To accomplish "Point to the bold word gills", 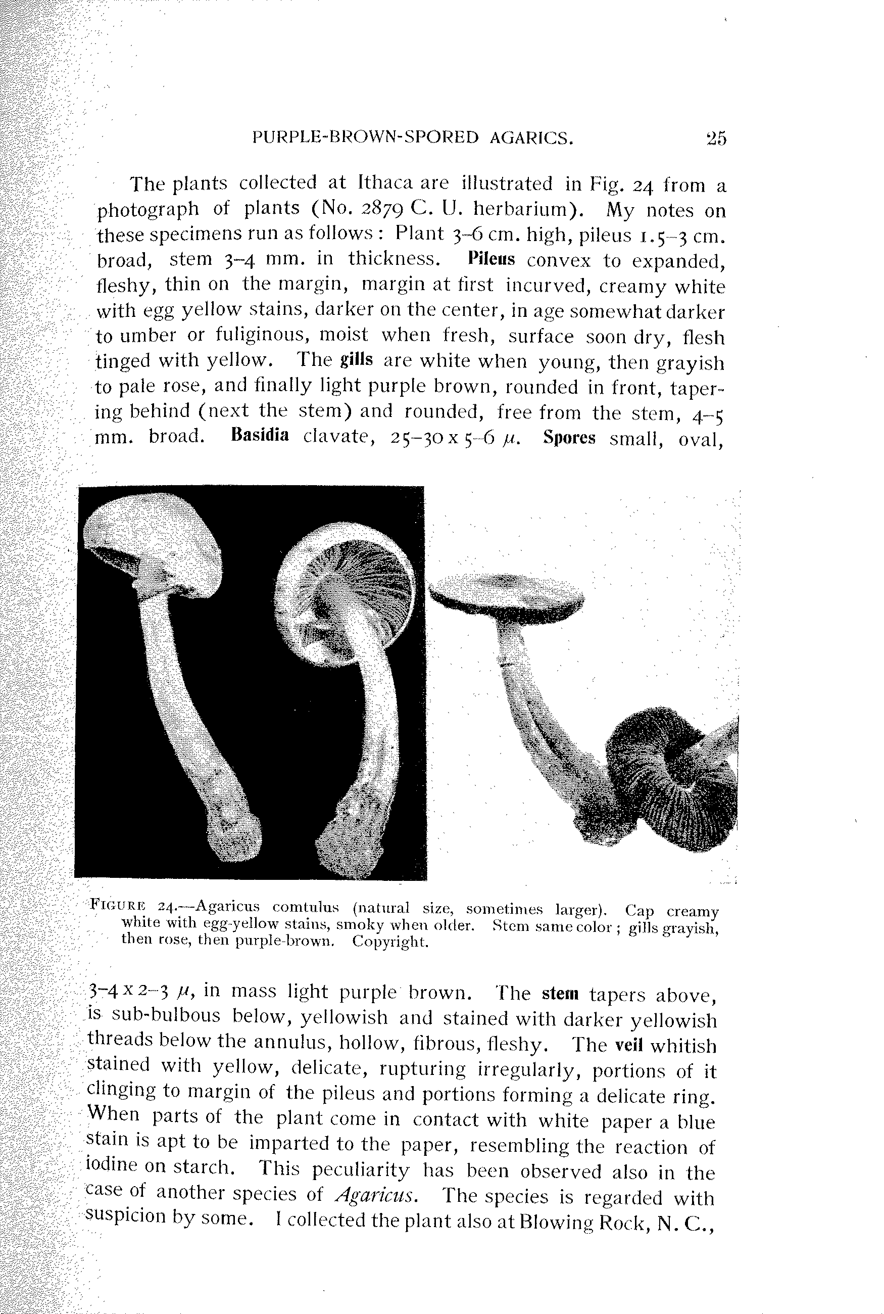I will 356,360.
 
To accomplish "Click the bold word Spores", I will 569,438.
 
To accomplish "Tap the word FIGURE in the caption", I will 118,907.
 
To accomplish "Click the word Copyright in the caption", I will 390,942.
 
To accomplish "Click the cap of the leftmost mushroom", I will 152,536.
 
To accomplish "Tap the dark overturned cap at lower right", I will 671,784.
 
